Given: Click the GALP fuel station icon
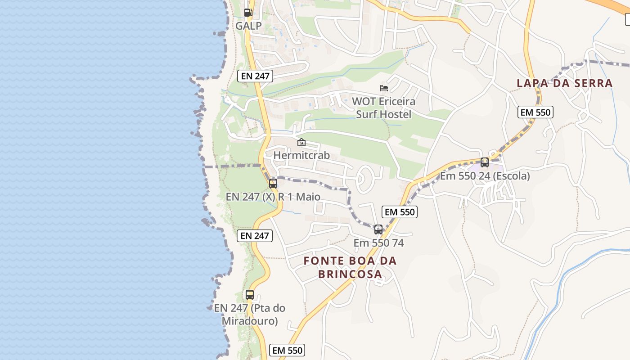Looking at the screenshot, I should (x=248, y=13).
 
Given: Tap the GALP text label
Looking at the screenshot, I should (x=248, y=26).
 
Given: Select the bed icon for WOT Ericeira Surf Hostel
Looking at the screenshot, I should (x=384, y=88).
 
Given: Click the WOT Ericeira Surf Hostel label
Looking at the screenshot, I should (x=383, y=108).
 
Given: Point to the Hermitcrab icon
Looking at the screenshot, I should (x=301, y=143).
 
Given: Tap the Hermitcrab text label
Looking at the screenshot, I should (x=301, y=155).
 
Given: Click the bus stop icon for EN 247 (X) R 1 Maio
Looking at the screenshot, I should (x=273, y=183).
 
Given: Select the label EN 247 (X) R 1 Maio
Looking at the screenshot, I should (x=273, y=197).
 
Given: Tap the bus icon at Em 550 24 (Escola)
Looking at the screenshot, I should (x=485, y=162).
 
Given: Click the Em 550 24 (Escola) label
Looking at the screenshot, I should (x=485, y=176).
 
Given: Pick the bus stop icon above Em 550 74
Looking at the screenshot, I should (x=378, y=229).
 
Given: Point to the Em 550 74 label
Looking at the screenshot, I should (x=378, y=243).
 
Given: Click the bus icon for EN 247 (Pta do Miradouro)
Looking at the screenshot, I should (x=250, y=295).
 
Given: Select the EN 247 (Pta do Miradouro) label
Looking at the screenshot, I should (x=250, y=315).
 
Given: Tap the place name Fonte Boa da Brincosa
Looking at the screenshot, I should (x=350, y=267).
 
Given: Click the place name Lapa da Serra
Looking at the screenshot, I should (x=565, y=83).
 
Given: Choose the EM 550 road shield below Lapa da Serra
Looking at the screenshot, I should (x=535, y=112).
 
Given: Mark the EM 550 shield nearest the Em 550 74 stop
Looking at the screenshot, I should (x=400, y=212).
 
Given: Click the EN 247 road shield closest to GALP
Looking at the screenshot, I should (x=255, y=76).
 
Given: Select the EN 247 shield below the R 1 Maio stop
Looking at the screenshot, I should (x=255, y=236).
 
